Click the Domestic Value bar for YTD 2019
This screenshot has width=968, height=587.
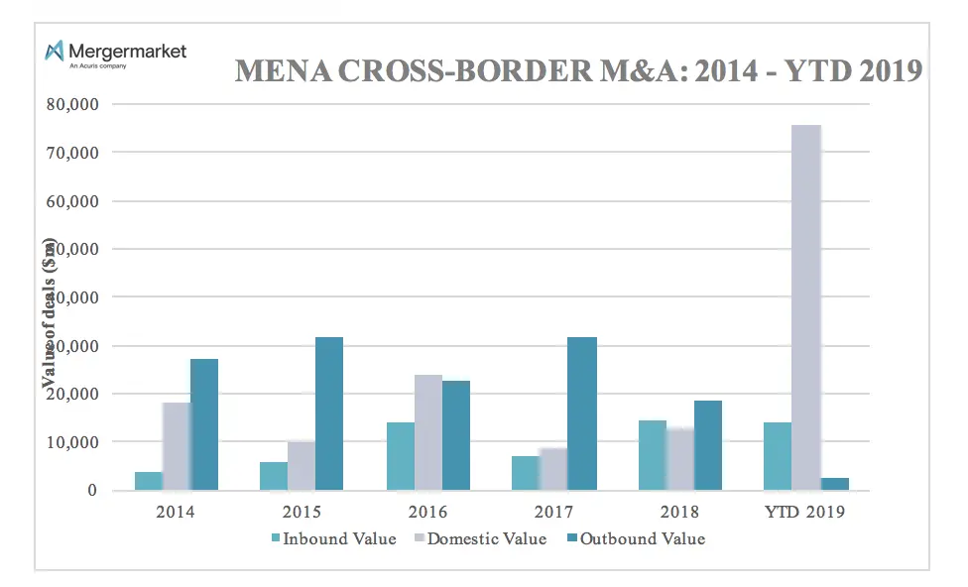coord(805,307)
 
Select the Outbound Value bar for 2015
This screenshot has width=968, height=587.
coord(329,413)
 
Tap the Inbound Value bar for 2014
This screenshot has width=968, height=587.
coord(149,481)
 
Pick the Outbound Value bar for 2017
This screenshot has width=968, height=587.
coord(582,413)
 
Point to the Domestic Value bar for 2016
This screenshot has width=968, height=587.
coord(428,432)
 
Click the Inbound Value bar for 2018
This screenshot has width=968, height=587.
coord(653,455)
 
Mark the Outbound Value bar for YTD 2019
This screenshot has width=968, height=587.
coord(835,484)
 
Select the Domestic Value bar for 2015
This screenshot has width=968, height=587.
coord(302,466)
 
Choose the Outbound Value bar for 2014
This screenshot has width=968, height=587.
coord(204,424)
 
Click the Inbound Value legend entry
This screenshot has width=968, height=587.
coord(333,539)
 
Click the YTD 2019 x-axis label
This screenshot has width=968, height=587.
coord(805,513)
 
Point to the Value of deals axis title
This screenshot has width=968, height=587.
coord(50,315)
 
